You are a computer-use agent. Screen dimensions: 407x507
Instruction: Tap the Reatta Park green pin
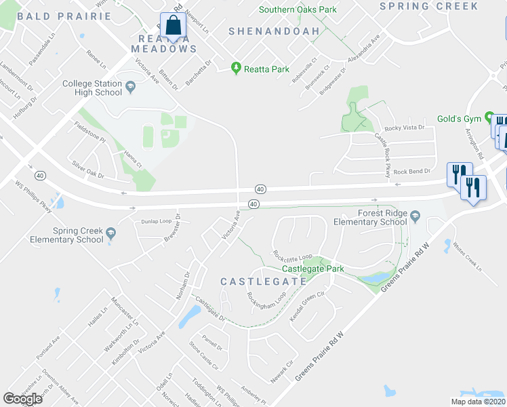[x=236, y=69]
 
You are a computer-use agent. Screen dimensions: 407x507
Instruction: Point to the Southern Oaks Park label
[x=298, y=9]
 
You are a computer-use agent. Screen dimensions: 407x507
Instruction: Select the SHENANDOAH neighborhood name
[x=264, y=31]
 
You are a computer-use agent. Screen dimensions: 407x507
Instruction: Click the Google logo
[x=23, y=399]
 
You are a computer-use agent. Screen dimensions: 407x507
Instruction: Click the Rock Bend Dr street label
[x=409, y=172]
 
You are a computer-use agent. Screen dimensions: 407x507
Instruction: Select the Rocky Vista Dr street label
[x=404, y=128]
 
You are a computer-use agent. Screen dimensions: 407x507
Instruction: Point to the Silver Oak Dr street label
[x=88, y=170]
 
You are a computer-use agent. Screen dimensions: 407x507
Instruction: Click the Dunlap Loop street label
[x=157, y=221]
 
